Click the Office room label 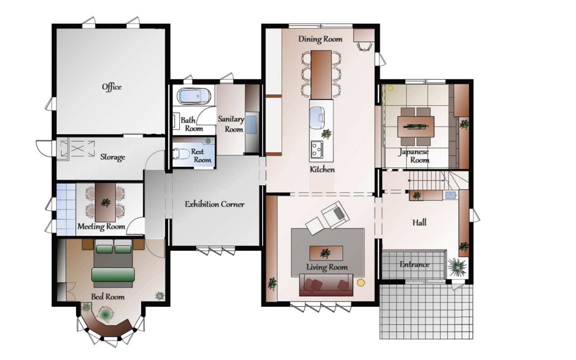pos(112,87)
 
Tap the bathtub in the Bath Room pos(193,96)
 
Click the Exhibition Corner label pos(214,204)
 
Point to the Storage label pos(113,157)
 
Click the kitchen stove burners pos(316,149)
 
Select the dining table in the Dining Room pos(321,75)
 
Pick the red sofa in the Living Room pos(326,285)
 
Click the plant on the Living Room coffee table pos(325,253)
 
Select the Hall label pos(419,222)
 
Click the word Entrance pos(414,264)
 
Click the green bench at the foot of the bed pos(113,275)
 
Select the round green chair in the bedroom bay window pos(106,313)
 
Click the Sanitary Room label pos(231,124)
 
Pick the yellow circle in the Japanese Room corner pos(391,89)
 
